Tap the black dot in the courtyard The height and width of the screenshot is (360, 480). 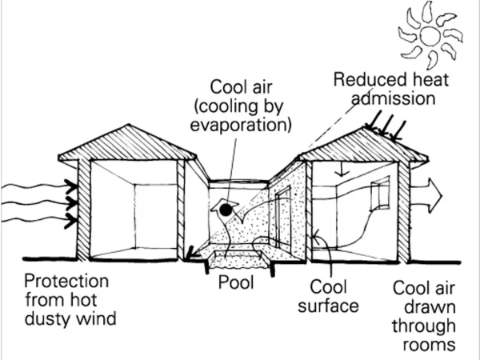(x=226, y=210)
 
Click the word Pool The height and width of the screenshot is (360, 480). (x=238, y=284)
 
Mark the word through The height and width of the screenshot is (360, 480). (x=423, y=326)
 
